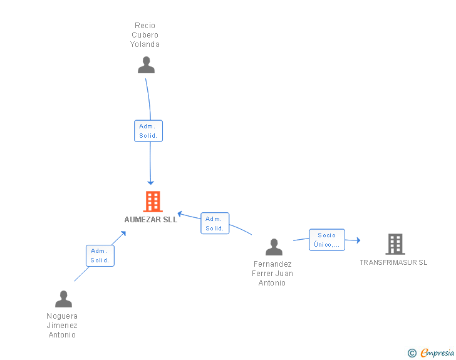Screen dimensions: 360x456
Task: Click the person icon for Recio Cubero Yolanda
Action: point(146,65)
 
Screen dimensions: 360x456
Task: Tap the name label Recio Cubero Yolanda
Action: point(145,35)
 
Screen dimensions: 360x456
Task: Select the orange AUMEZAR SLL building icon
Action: point(153,202)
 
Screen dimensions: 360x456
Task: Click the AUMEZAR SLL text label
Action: point(151,220)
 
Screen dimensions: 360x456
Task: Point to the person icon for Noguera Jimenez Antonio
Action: point(63,299)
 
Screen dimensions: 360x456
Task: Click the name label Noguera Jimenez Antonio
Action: point(62,326)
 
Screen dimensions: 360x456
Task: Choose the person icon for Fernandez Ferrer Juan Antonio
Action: point(274,247)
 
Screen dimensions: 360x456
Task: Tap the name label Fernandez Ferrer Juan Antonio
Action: point(272,274)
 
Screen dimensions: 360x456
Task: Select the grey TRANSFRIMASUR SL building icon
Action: point(395,244)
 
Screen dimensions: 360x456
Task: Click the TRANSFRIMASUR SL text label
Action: point(393,262)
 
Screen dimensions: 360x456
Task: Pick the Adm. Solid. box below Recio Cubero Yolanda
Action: point(148,131)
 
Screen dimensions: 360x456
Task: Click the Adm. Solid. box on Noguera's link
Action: point(100,255)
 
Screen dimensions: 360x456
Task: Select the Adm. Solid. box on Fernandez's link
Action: point(215,224)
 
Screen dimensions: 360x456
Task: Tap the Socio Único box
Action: point(326,240)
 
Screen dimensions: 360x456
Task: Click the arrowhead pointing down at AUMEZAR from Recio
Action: point(150,182)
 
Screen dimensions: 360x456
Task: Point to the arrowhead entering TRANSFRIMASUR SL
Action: point(358,240)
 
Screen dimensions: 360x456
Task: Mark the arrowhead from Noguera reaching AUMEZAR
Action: point(123,234)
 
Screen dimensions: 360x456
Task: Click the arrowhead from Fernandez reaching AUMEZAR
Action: point(180,214)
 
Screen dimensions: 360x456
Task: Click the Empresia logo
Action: point(437,352)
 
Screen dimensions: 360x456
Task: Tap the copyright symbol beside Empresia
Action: point(412,353)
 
